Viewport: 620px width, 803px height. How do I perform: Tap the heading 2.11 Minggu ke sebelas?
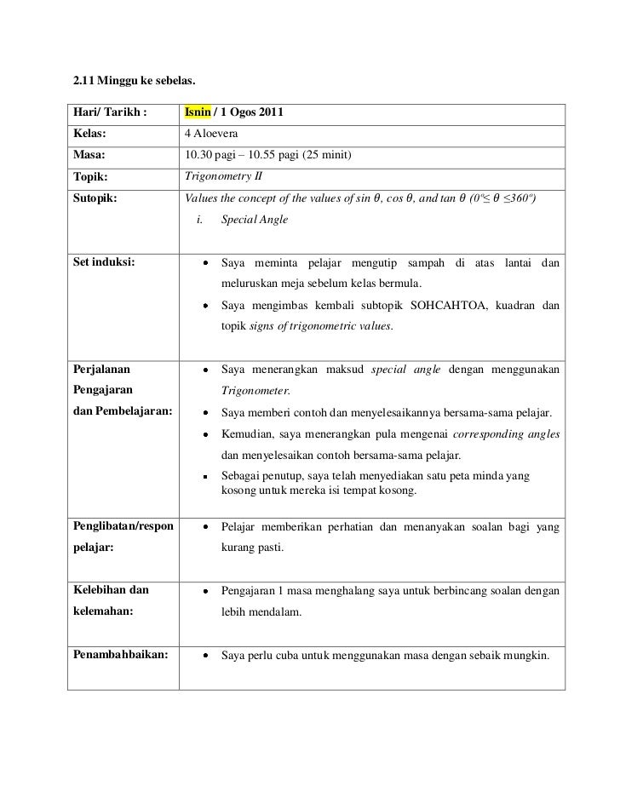click(134, 82)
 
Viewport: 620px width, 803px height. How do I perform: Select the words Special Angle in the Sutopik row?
click(255, 220)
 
